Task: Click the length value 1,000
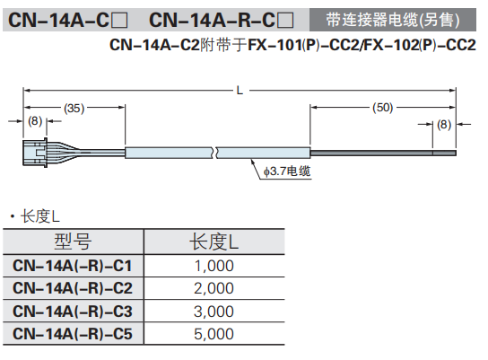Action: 213,266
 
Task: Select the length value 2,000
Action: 213,288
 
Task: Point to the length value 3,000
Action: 213,312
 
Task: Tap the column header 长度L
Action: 213,241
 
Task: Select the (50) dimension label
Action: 383,108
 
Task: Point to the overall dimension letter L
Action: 239,90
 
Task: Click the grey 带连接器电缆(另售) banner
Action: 392,18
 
